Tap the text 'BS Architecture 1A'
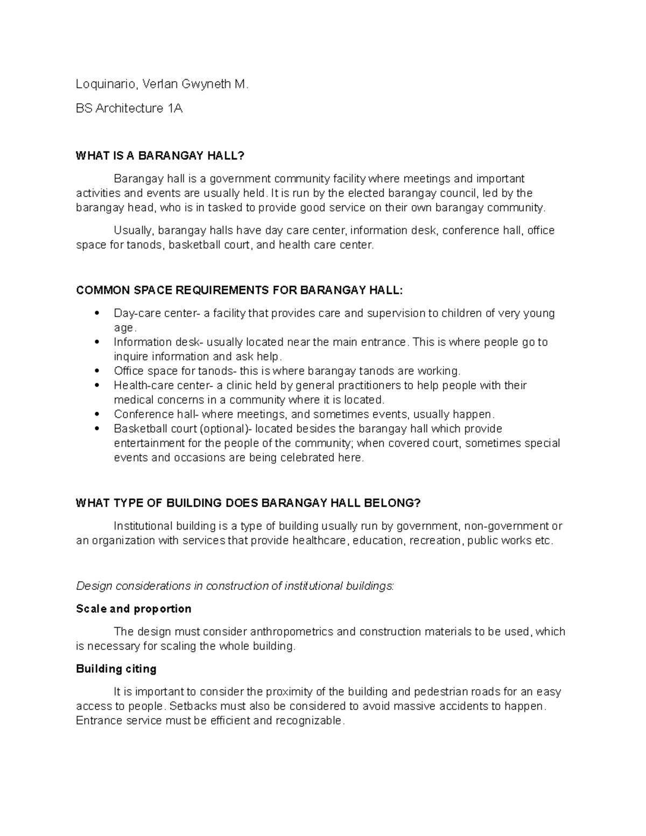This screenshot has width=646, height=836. click(129, 108)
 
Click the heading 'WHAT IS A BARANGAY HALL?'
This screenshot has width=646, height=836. click(160, 156)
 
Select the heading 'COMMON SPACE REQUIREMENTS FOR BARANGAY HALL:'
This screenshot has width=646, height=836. click(239, 291)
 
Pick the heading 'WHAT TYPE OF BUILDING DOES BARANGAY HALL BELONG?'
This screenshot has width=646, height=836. click(248, 503)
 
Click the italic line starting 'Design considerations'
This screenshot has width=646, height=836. click(235, 586)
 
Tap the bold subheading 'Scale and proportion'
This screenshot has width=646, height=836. click(134, 609)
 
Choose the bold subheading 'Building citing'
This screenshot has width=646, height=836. click(116, 669)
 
